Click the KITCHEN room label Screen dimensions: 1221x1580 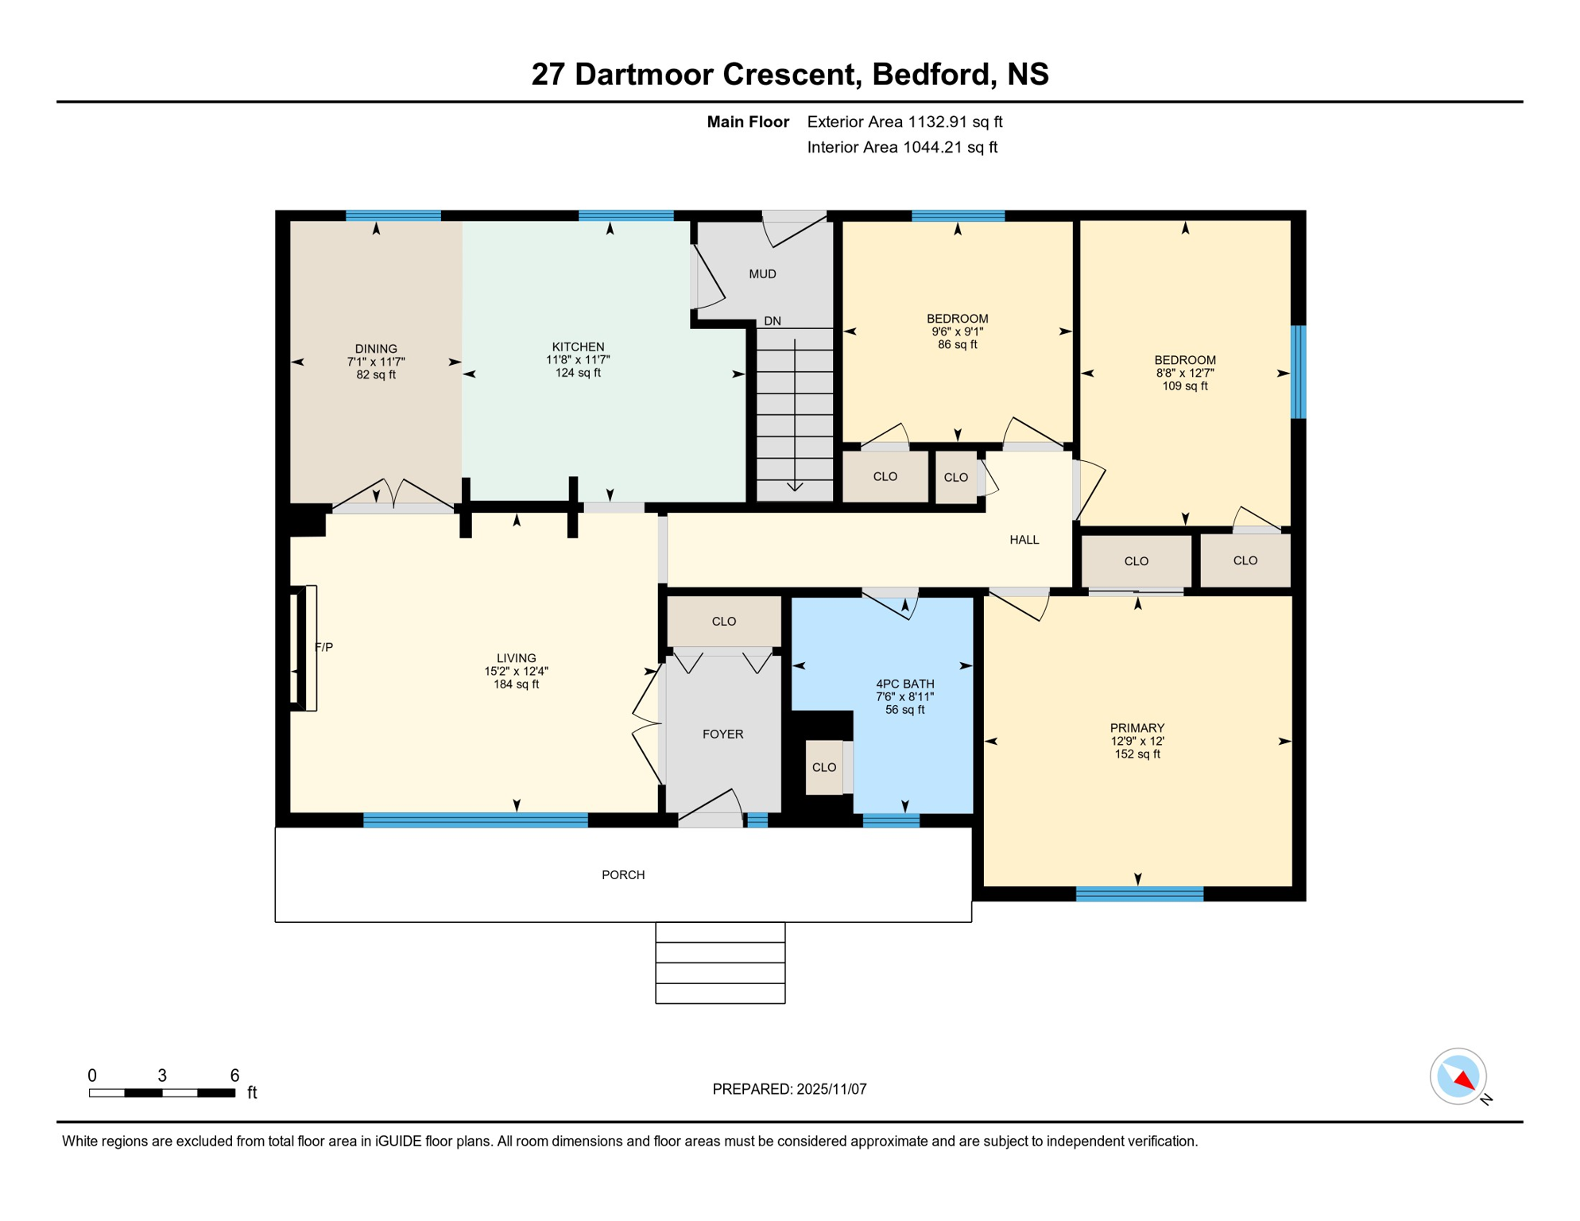[578, 347]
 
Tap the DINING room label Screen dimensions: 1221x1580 [376, 349]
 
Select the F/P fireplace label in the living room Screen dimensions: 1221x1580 [323, 647]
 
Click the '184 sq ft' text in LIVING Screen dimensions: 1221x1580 [516, 684]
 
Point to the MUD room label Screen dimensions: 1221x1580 [762, 274]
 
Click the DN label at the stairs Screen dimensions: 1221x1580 [773, 321]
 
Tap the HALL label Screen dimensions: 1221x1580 [1024, 540]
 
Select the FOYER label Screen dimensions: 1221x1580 [722, 735]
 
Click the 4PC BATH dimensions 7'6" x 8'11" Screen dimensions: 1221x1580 [904, 697]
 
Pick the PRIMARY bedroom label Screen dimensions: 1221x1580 [1137, 728]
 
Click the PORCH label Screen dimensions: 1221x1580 [623, 875]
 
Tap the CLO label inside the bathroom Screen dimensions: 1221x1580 [824, 768]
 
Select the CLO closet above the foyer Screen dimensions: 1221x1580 [723, 622]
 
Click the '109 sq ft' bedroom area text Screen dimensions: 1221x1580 [1184, 386]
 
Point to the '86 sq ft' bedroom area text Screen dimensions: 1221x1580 [957, 345]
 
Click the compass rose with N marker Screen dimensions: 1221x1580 [1458, 1076]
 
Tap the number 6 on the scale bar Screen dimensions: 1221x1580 [234, 1076]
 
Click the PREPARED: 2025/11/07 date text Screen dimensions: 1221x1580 [789, 1089]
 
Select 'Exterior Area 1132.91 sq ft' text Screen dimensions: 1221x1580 [904, 122]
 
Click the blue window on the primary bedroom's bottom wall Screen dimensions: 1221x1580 [1139, 894]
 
